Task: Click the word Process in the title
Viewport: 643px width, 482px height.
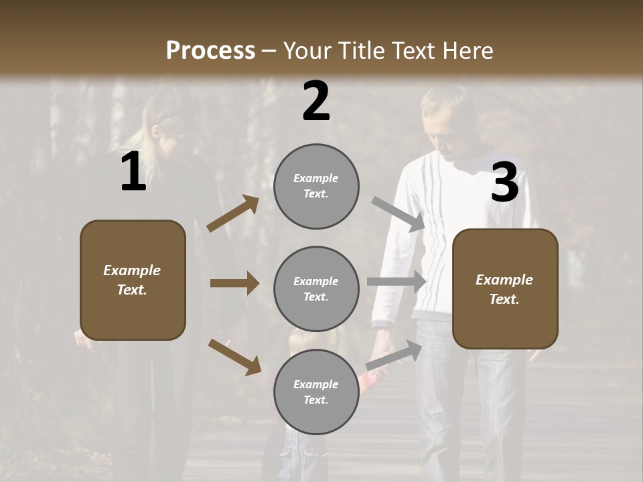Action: tap(210, 50)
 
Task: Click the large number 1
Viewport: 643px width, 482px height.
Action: tap(133, 173)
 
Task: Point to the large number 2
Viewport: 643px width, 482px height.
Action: tap(316, 101)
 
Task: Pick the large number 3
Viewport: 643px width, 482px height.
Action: tap(504, 182)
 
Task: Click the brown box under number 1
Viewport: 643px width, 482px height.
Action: tap(133, 280)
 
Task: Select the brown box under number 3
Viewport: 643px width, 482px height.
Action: tap(505, 289)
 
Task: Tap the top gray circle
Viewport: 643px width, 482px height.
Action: tap(316, 186)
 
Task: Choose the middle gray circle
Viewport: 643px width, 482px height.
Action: tap(316, 289)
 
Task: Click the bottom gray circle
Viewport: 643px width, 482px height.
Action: tap(316, 392)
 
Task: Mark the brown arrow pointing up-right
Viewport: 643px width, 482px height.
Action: tap(233, 214)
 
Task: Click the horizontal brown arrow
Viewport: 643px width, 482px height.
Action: tap(234, 283)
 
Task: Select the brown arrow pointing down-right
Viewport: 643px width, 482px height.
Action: tap(235, 357)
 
